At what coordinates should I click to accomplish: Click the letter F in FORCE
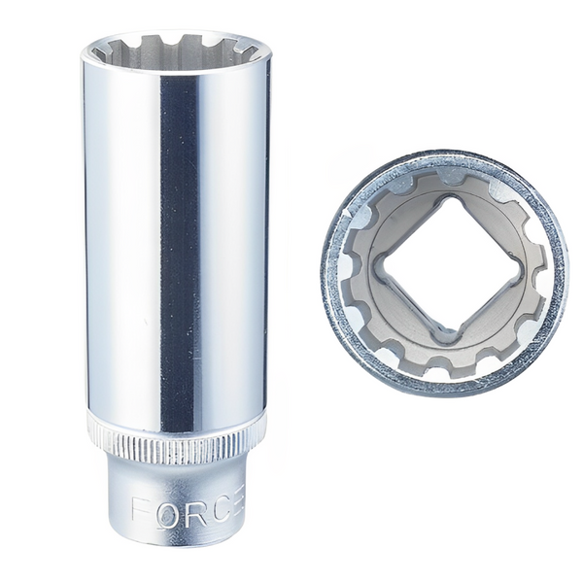point(141,509)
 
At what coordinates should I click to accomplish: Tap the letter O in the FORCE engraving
point(166,509)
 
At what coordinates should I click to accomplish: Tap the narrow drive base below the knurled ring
point(175,486)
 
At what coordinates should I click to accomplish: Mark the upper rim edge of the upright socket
point(175,33)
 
